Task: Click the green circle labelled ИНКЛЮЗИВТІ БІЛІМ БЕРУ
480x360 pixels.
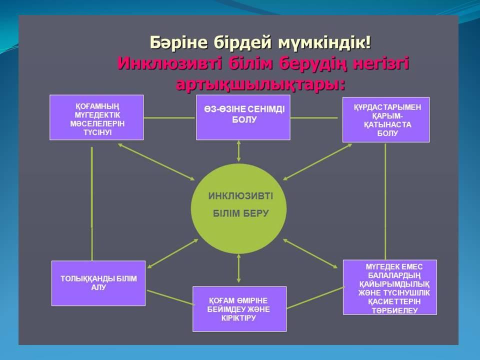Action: [239, 208]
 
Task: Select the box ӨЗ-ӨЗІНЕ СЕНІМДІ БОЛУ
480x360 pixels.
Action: [243, 117]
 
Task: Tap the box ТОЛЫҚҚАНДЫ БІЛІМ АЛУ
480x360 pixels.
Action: [98, 283]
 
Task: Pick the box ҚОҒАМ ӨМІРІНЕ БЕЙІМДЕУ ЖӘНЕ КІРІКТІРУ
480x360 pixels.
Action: [239, 309]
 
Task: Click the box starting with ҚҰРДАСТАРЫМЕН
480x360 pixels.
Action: [386, 119]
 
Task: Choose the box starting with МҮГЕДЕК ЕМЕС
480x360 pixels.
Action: [389, 287]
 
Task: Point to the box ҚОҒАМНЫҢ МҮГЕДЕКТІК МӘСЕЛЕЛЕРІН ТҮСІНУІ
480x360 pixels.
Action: [96, 117]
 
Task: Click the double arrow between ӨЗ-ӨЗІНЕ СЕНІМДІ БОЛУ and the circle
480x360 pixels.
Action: [239, 151]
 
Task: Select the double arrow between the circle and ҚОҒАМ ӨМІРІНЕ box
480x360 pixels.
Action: [239, 268]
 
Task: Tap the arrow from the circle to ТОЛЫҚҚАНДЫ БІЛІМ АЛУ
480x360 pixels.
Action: [172, 254]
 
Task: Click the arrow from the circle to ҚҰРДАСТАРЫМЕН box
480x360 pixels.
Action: [317, 162]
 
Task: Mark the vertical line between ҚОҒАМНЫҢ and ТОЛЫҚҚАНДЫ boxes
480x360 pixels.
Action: [92, 203]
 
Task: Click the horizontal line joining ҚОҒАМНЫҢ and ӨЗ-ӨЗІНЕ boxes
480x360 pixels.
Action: [169, 117]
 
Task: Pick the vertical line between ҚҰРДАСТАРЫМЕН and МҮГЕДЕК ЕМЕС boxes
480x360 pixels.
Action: [385, 201]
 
